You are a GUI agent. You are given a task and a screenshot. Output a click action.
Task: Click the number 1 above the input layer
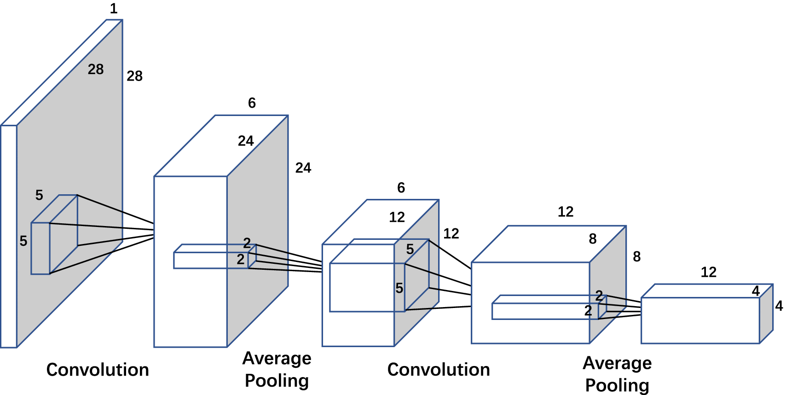pyautogui.click(x=114, y=9)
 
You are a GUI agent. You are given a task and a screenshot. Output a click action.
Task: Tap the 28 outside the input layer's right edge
pyautogui.click(x=134, y=76)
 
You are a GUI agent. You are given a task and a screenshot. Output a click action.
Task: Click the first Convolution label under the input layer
pyautogui.click(x=98, y=370)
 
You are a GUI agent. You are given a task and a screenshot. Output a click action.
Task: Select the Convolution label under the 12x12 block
pyautogui.click(x=439, y=369)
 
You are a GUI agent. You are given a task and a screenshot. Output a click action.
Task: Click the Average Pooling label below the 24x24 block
pyautogui.click(x=277, y=369)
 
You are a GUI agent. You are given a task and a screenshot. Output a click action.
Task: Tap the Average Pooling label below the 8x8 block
pyautogui.click(x=617, y=374)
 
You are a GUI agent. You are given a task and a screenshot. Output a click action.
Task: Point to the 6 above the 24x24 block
pyautogui.click(x=252, y=103)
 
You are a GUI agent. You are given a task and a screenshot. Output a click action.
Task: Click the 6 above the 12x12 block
pyautogui.click(x=401, y=188)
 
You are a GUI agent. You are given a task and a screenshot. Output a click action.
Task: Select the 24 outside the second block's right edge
pyautogui.click(x=303, y=168)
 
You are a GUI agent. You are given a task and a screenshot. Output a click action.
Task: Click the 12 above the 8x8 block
pyautogui.click(x=566, y=212)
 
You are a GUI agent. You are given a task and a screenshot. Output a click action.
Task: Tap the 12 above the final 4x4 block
pyautogui.click(x=708, y=272)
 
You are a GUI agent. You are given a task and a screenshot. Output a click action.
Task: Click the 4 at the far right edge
pyautogui.click(x=779, y=306)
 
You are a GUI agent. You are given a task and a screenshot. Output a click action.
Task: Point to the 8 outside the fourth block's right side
pyautogui.click(x=637, y=257)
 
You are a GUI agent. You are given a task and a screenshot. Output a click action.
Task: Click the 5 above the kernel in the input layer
pyautogui.click(x=39, y=195)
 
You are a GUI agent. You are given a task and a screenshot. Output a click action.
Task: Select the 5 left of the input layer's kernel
pyautogui.click(x=23, y=241)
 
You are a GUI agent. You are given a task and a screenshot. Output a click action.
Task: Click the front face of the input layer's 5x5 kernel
pyautogui.click(x=40, y=249)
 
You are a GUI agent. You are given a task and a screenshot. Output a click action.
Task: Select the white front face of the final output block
pyautogui.click(x=699, y=320)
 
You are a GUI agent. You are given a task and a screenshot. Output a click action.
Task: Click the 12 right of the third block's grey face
pyautogui.click(x=451, y=234)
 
